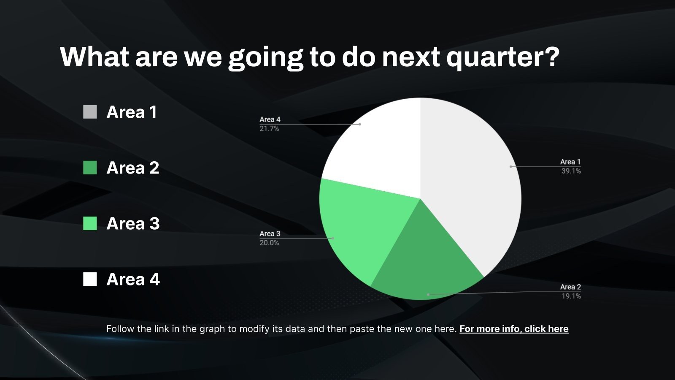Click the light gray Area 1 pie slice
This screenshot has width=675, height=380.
click(x=470, y=181)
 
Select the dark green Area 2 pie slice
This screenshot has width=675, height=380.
click(x=425, y=266)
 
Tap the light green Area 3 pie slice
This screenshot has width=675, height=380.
click(x=362, y=229)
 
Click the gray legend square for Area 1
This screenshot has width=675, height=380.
click(x=90, y=112)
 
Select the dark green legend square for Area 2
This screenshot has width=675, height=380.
click(x=90, y=168)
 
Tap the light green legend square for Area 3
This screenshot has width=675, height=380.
click(x=90, y=223)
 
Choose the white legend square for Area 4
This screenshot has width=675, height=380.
click(x=90, y=279)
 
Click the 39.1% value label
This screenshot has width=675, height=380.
click(x=571, y=171)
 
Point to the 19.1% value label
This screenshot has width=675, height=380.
click(x=571, y=296)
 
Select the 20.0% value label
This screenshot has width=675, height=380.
click(x=269, y=243)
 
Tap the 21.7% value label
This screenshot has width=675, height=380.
click(x=269, y=129)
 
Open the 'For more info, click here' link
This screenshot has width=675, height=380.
click(x=514, y=329)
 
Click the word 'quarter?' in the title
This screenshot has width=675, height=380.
click(x=502, y=57)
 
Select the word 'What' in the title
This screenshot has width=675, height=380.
click(x=94, y=57)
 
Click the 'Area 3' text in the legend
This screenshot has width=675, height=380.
click(x=133, y=223)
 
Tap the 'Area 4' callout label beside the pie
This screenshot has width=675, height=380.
click(x=270, y=119)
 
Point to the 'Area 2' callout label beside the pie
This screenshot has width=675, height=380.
click(x=570, y=287)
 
